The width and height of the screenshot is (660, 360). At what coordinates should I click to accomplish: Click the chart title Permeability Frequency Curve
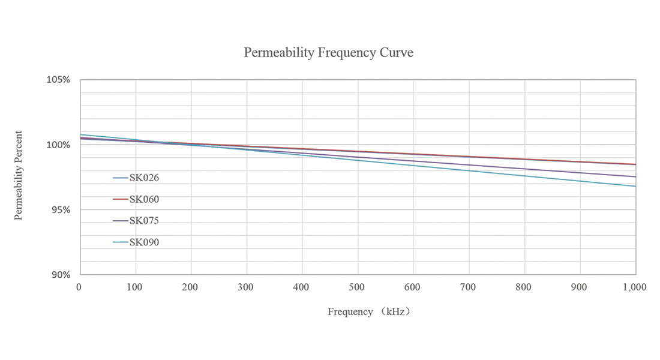click(328, 53)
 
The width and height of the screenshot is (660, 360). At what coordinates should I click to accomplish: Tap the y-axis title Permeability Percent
click(19, 175)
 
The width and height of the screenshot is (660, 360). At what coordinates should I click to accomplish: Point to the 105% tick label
click(59, 80)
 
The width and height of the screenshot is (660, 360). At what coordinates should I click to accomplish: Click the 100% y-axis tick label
click(59, 145)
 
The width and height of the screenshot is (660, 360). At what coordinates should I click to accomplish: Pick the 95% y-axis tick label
click(61, 210)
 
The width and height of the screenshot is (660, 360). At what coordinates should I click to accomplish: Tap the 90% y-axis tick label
click(61, 275)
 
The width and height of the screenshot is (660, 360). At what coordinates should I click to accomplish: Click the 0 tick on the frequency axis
click(79, 287)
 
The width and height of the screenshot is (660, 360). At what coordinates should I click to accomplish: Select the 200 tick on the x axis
click(191, 287)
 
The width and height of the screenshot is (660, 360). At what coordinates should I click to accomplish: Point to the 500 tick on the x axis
click(358, 287)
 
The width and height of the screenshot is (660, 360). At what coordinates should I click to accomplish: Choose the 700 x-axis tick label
click(469, 287)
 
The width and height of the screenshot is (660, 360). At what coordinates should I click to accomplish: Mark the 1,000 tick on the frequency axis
click(634, 287)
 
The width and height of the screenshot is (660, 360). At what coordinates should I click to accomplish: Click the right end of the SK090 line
click(635, 186)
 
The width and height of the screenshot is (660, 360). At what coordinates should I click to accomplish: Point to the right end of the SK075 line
click(635, 176)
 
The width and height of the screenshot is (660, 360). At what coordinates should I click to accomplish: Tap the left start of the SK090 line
click(81, 134)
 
